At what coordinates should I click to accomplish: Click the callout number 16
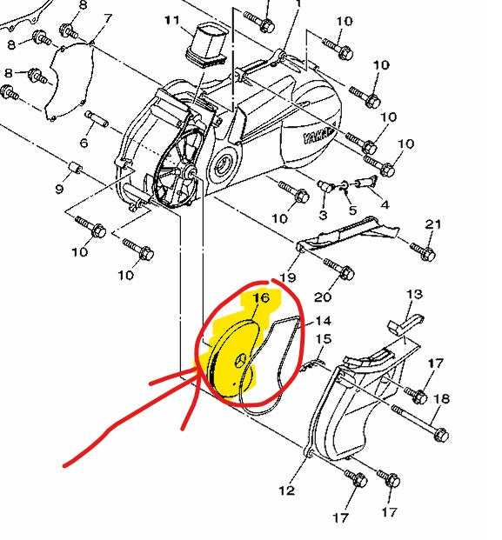tap(261, 297)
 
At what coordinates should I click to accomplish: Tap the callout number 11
tap(172, 20)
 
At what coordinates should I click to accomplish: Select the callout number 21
tap(432, 224)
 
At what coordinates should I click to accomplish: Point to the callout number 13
tap(414, 295)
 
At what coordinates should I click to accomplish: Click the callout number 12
tap(286, 490)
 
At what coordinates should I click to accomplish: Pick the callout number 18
tap(441, 399)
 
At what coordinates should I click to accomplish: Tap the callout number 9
tap(59, 189)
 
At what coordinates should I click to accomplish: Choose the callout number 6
tap(84, 143)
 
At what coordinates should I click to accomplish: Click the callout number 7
tap(108, 18)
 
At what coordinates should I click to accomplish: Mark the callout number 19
tap(288, 277)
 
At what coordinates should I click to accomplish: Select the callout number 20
tap(323, 297)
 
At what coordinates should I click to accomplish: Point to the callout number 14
tap(323, 321)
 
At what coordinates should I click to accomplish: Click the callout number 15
tap(324, 339)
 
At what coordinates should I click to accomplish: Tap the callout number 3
tap(323, 216)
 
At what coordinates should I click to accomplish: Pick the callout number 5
tap(352, 210)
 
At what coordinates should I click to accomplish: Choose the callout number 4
tap(385, 205)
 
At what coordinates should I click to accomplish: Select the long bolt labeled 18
tap(419, 422)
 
